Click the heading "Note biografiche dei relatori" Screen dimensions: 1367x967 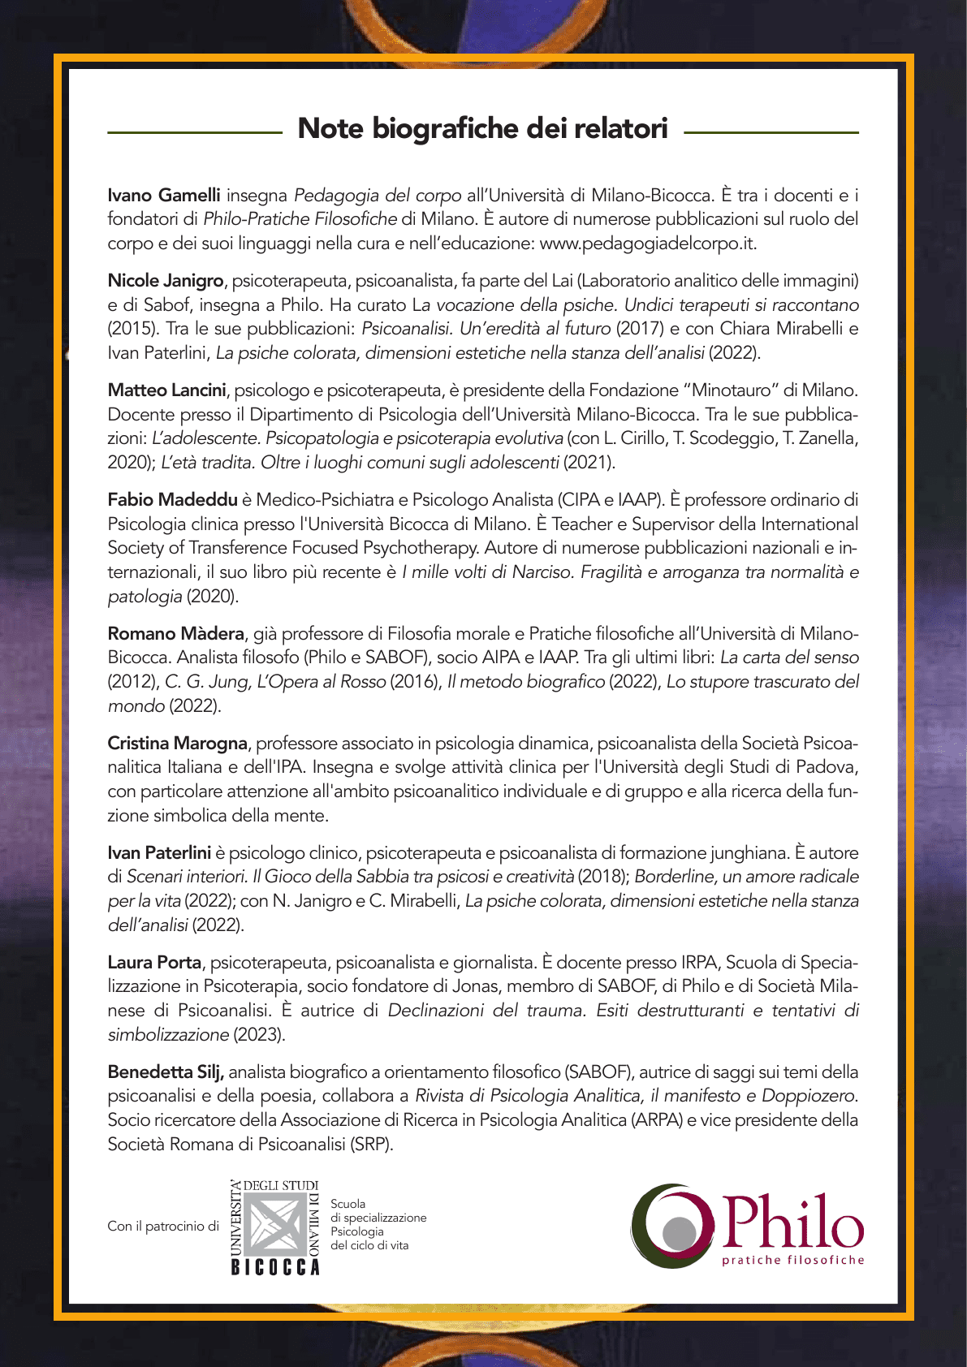coord(482,129)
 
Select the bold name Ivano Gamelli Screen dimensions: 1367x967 coord(164,195)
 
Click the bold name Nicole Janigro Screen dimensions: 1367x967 coord(166,281)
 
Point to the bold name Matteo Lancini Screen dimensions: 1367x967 coord(166,390)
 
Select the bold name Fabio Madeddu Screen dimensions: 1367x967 coord(172,500)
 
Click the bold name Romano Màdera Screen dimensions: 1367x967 coord(175,634)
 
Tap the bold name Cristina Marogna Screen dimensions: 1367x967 coord(177,744)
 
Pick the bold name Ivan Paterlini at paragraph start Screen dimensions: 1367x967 coord(159,853)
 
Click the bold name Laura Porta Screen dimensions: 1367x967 coord(154,963)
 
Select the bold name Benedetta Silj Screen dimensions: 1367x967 coord(166,1072)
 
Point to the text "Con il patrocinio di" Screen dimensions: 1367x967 coord(163,1227)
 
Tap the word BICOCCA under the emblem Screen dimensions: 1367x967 coord(276,1267)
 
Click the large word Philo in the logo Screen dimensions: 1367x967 coord(792,1222)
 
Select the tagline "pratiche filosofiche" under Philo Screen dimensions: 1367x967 coord(793,1260)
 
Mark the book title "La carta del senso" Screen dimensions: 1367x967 coord(789,658)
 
